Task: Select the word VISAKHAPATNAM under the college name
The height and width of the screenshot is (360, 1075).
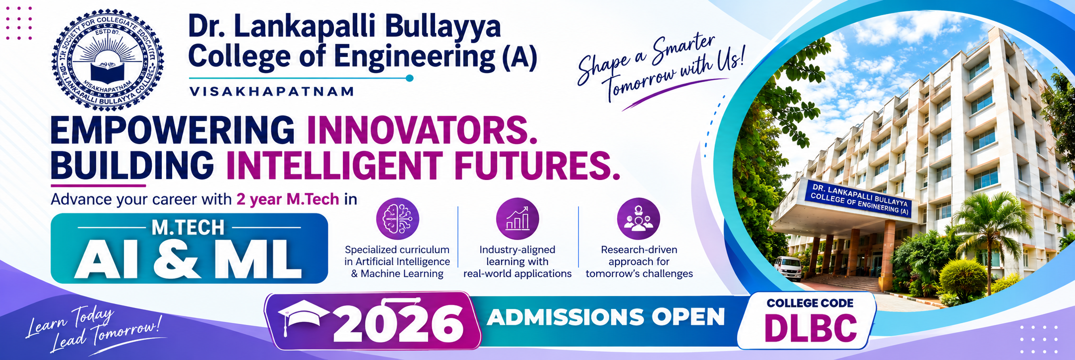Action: coord(272,91)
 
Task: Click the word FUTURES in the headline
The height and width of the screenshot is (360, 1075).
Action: coord(537,164)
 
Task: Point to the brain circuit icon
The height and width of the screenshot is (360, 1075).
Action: coord(397,219)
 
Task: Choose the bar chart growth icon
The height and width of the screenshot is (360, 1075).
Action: coord(517,219)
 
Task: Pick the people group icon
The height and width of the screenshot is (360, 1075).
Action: coord(638,219)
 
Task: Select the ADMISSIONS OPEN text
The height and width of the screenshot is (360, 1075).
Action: coord(606,317)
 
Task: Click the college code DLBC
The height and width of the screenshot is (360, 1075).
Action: coord(811,328)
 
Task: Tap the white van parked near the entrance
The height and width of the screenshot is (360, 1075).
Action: coord(788,268)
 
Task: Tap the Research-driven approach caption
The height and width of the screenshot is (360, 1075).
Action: coord(639,262)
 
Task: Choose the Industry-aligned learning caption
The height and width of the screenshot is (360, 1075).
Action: coord(517,262)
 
